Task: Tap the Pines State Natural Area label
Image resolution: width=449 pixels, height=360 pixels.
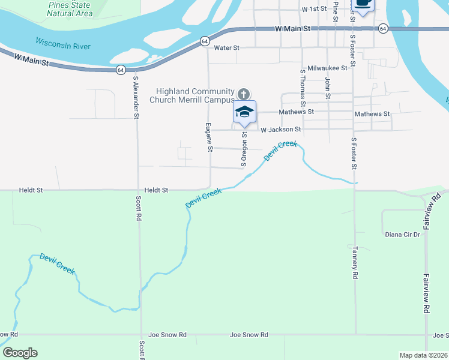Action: click(x=70, y=9)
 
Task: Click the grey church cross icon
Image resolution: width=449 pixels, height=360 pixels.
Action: click(x=243, y=94)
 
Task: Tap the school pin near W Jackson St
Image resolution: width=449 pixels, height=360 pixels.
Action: click(x=244, y=112)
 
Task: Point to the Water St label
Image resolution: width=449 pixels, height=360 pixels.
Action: click(x=226, y=47)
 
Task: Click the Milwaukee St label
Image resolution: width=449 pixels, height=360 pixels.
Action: click(x=327, y=68)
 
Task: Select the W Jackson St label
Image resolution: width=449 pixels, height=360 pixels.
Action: click(x=280, y=129)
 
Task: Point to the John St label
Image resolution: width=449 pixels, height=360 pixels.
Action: click(x=328, y=88)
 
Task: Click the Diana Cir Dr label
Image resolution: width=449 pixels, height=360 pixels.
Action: click(x=402, y=235)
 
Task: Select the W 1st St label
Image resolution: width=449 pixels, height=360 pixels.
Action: click(x=314, y=10)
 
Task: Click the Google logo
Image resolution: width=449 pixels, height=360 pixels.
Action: click(x=20, y=353)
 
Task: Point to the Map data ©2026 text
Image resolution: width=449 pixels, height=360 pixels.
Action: click(x=423, y=355)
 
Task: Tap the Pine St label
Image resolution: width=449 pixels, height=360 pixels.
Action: click(x=335, y=11)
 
